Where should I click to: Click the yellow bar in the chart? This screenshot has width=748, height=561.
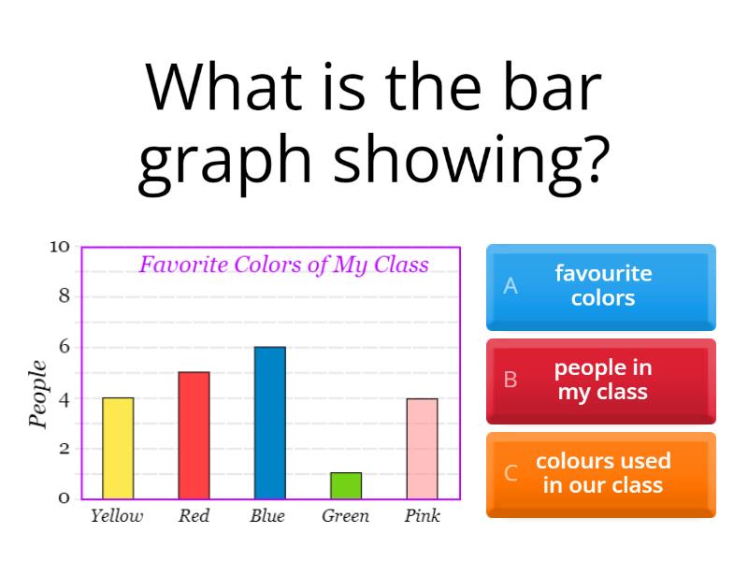coord(118,448)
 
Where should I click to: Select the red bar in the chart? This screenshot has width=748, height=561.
coord(194,435)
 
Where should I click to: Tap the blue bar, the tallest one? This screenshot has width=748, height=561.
coord(269,423)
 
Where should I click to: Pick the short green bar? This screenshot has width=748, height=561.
coord(345,485)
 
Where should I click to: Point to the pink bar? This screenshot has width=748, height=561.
coord(422,448)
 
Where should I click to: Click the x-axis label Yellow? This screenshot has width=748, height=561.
coord(117,516)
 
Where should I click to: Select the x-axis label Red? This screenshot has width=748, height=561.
coord(194,516)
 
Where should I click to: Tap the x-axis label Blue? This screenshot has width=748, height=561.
coord(267,516)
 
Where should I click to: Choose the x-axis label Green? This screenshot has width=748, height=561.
coord(345,516)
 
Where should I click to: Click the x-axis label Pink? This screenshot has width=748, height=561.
coord(422,516)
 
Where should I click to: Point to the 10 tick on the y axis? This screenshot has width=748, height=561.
coord(60,247)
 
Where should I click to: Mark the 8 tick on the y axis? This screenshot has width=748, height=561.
coord(64,297)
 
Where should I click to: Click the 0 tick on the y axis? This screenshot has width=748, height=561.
coord(64,498)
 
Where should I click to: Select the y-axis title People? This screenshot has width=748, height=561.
coord(38,394)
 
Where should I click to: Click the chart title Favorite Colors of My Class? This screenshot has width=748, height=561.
coord(283,266)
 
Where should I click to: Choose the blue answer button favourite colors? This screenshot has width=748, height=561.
coord(601,286)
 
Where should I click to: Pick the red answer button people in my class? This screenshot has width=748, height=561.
coord(601,380)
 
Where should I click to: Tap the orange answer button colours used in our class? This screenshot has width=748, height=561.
coord(601,473)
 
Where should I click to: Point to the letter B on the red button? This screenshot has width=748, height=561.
coord(511,380)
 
